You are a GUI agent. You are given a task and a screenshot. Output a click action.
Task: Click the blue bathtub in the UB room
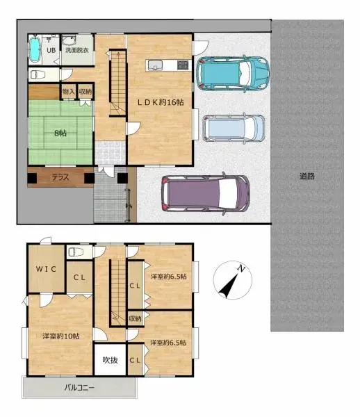[35, 49]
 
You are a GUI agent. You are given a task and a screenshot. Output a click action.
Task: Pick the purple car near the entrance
[205, 194]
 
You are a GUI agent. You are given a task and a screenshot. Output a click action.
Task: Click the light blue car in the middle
[234, 128]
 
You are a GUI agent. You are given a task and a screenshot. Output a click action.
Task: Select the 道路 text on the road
[307, 177]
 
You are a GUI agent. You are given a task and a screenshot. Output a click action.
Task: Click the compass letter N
[240, 269]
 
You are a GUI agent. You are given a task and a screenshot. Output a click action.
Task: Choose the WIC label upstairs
[46, 269]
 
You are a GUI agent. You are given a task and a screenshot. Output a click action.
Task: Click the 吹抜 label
[110, 360]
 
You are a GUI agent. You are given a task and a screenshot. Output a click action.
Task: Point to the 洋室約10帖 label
[60, 336]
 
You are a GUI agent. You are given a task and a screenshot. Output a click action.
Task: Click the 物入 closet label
[68, 91]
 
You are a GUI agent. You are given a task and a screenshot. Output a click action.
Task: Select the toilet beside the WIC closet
[76, 252]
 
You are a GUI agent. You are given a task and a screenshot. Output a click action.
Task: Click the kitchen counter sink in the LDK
[154, 66]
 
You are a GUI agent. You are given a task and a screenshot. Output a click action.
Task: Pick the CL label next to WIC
[80, 277]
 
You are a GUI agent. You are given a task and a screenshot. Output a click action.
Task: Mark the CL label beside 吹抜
[135, 360]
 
